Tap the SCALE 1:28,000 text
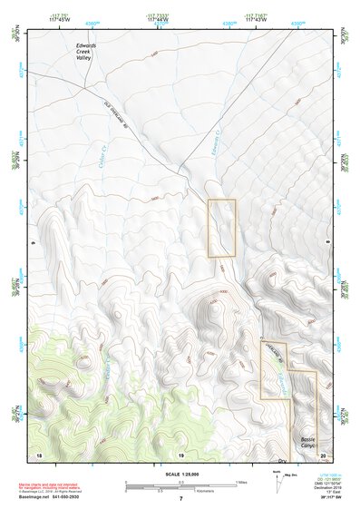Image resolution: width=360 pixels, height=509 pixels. [x=180, y=474]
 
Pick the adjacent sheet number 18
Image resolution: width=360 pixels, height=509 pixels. [x=38, y=453]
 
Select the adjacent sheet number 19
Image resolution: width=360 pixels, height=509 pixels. [x=180, y=453]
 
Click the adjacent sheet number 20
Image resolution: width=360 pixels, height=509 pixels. [x=323, y=453]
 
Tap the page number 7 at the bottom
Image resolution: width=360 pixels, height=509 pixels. [x=180, y=499]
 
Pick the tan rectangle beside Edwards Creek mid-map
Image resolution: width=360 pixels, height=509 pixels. [x=222, y=228]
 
